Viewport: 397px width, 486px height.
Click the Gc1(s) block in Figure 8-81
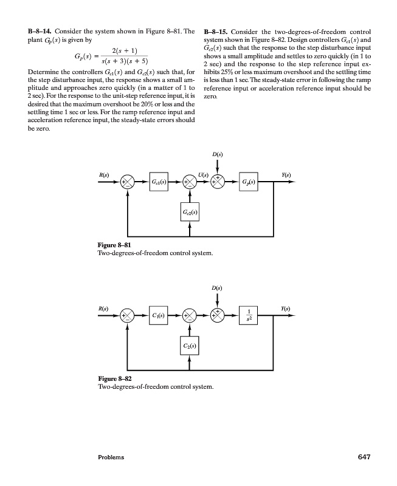point(160,182)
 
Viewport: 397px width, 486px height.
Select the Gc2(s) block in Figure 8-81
point(190,212)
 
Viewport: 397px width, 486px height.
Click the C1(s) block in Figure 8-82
point(160,315)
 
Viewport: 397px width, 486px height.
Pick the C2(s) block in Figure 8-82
point(190,346)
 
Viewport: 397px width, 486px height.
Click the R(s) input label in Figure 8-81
point(103,175)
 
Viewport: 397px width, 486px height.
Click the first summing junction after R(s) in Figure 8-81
point(128,182)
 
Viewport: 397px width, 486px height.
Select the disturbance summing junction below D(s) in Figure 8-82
point(217,315)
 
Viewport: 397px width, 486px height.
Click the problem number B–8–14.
point(35,31)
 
